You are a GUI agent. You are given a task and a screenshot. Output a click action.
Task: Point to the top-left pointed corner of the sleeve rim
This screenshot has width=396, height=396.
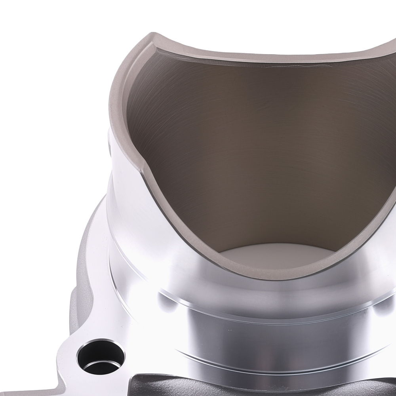pyautogui.click(x=151, y=36)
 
